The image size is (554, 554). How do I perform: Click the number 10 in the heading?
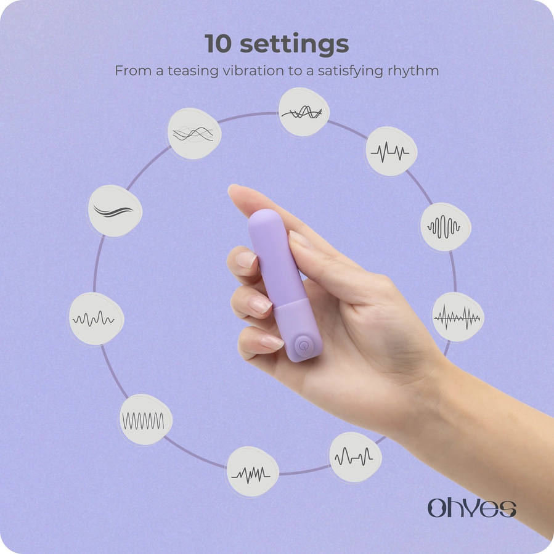tap(218, 44)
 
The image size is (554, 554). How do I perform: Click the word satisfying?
tap(351, 71)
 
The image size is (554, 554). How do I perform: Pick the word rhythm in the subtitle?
tap(413, 71)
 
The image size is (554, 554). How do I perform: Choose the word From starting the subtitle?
tap(133, 71)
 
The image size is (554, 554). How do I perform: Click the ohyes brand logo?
tap(471, 508)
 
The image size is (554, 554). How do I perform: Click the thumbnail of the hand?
tap(298, 238)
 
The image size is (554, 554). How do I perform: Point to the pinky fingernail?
tap(271, 342)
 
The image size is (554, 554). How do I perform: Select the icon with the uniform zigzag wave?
tap(145, 420)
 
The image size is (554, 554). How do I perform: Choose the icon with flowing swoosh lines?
tap(115, 211)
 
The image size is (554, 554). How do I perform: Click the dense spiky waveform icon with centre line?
tap(457, 317)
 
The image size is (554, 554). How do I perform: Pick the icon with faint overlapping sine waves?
tap(193, 134)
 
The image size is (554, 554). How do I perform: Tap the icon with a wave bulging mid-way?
tap(445, 227)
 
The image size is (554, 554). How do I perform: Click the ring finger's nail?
tap(259, 304)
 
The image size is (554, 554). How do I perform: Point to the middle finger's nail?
tap(246, 259)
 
